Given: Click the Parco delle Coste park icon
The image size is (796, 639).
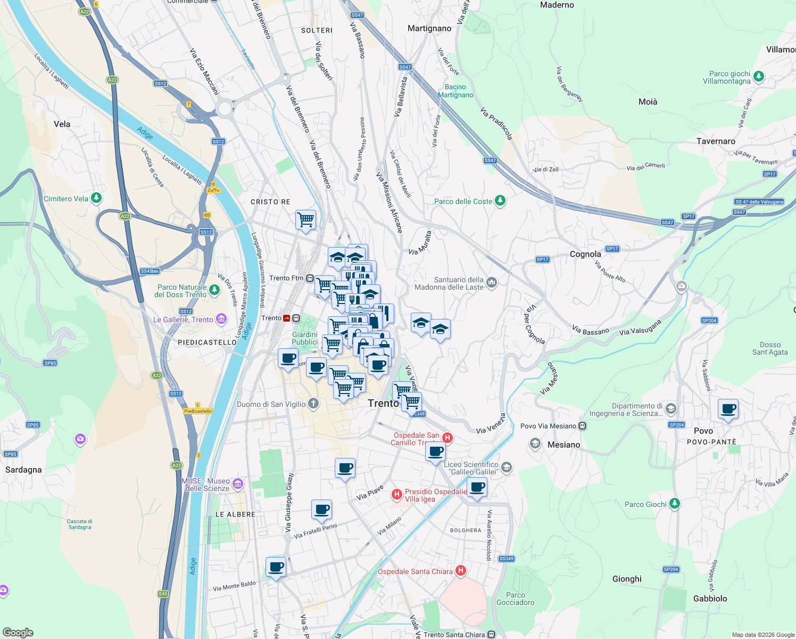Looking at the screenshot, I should [500, 201].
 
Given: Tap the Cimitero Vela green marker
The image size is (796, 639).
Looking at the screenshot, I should [96, 198].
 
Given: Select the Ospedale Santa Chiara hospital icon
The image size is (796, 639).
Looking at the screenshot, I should [461, 571].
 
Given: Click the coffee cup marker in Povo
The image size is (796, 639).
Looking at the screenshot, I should [728, 409].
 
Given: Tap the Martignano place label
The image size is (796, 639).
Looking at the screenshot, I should [429, 28].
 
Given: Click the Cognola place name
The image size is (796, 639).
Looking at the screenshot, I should [585, 254].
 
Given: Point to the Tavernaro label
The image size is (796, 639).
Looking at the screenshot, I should [716, 141].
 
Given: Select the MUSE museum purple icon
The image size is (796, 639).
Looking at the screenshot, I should [238, 484].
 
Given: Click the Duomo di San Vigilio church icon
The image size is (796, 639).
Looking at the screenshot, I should [313, 404].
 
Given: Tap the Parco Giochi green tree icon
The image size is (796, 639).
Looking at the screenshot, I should [674, 503].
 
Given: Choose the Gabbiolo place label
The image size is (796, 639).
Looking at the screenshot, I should [710, 599].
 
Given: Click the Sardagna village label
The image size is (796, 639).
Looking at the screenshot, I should [23, 470].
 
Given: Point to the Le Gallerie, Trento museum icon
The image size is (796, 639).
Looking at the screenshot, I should [221, 319].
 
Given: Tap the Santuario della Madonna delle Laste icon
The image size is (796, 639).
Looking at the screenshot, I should [491, 282].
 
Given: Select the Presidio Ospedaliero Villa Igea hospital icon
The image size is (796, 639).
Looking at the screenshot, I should [396, 495].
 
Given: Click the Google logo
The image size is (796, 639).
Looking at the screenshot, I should [18, 632].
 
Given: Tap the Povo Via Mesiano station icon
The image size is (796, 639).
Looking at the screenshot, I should [583, 425].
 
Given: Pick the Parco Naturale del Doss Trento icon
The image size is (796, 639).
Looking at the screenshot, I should [214, 290].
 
